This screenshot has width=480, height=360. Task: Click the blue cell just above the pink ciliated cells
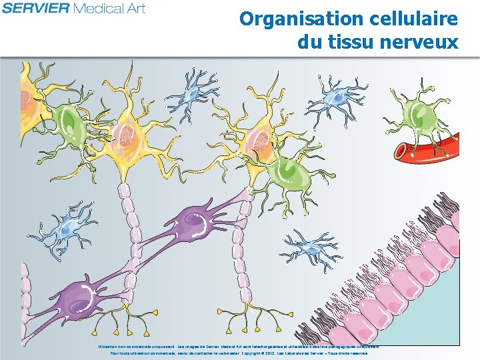[308, 247]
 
